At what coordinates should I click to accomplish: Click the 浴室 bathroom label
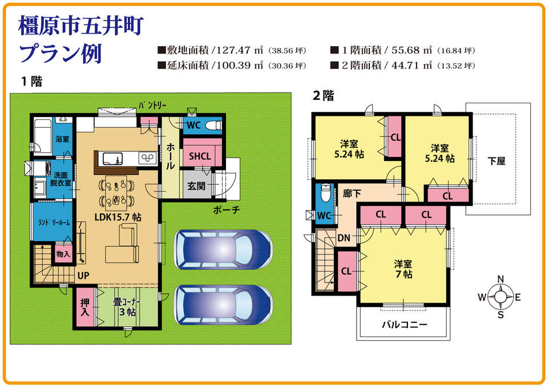[x=62, y=139]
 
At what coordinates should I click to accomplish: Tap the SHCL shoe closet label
[x=200, y=156]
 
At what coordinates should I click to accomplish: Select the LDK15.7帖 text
[x=118, y=217]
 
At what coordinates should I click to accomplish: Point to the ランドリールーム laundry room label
[x=54, y=223]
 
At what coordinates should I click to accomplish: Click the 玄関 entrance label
[x=196, y=185]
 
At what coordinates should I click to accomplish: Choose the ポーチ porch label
[x=227, y=210]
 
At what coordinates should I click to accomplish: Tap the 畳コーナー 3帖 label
[x=127, y=307]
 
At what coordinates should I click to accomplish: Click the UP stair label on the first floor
[x=83, y=276]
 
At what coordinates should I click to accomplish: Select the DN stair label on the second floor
[x=344, y=238]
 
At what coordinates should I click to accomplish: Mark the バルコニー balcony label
[x=405, y=325]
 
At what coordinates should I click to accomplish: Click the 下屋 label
[x=496, y=161]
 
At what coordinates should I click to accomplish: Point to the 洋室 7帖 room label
[x=403, y=269]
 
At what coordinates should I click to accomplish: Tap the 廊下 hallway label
[x=352, y=193]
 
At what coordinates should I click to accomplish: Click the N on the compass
[x=500, y=279]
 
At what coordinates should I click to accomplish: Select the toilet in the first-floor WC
[x=213, y=125]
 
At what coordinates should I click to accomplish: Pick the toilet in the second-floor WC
[x=326, y=193]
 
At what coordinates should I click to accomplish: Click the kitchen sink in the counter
[x=112, y=159]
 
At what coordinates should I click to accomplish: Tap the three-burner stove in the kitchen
[x=147, y=158]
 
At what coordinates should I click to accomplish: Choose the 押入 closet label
[x=84, y=307]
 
